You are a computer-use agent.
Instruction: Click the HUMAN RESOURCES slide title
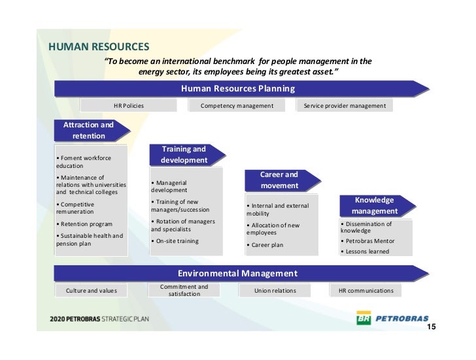point(99,47)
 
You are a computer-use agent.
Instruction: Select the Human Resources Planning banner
point(237,88)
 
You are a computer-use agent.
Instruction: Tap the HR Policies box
point(129,105)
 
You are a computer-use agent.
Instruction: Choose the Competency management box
point(237,105)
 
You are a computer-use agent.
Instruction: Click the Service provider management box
point(345,105)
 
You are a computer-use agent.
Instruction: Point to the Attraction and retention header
point(88,130)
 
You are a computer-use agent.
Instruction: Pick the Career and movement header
point(279,180)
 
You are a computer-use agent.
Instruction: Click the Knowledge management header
point(374,205)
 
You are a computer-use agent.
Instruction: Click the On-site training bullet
point(175,241)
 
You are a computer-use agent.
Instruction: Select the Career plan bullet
point(265,245)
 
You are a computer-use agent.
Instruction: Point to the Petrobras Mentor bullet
point(369,240)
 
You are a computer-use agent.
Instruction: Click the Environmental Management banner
point(237,273)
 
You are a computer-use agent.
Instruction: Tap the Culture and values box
point(92,290)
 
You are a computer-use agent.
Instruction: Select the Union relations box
point(275,290)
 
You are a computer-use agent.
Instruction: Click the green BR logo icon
point(363,319)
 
